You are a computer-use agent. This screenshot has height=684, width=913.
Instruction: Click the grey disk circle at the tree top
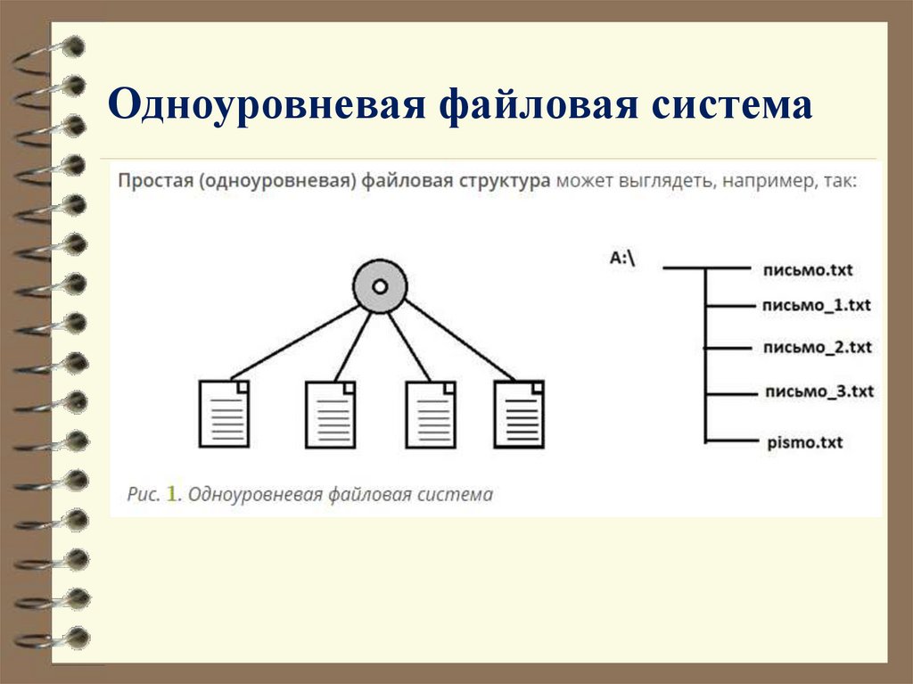(x=379, y=286)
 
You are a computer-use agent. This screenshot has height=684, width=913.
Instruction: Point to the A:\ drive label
(x=624, y=258)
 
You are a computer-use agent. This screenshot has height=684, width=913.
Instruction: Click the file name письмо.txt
(x=809, y=268)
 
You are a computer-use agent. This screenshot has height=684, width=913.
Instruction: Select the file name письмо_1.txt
(x=816, y=305)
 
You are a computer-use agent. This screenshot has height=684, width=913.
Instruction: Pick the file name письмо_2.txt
(x=817, y=346)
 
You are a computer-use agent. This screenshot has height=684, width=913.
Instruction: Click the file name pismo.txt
(x=804, y=441)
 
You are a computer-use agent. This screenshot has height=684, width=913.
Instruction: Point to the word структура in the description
(x=505, y=181)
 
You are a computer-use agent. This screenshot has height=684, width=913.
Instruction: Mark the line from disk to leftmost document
(x=294, y=342)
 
